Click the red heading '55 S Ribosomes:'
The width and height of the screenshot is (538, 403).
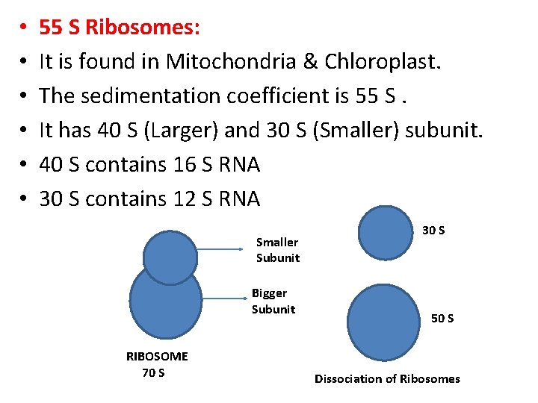[x=120, y=28]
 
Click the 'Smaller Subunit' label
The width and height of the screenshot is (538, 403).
[x=277, y=250]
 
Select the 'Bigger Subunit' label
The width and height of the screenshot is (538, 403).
[x=273, y=302]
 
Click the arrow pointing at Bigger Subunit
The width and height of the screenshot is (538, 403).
[x=224, y=299]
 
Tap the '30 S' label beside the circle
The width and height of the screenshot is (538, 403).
[x=433, y=231]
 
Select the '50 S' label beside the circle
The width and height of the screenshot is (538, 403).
[x=442, y=319]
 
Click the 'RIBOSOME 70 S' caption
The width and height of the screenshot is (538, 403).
[x=157, y=364]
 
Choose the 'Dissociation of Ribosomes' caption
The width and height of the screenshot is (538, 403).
[x=387, y=378]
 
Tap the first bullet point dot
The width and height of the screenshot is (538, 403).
[x=25, y=28]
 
